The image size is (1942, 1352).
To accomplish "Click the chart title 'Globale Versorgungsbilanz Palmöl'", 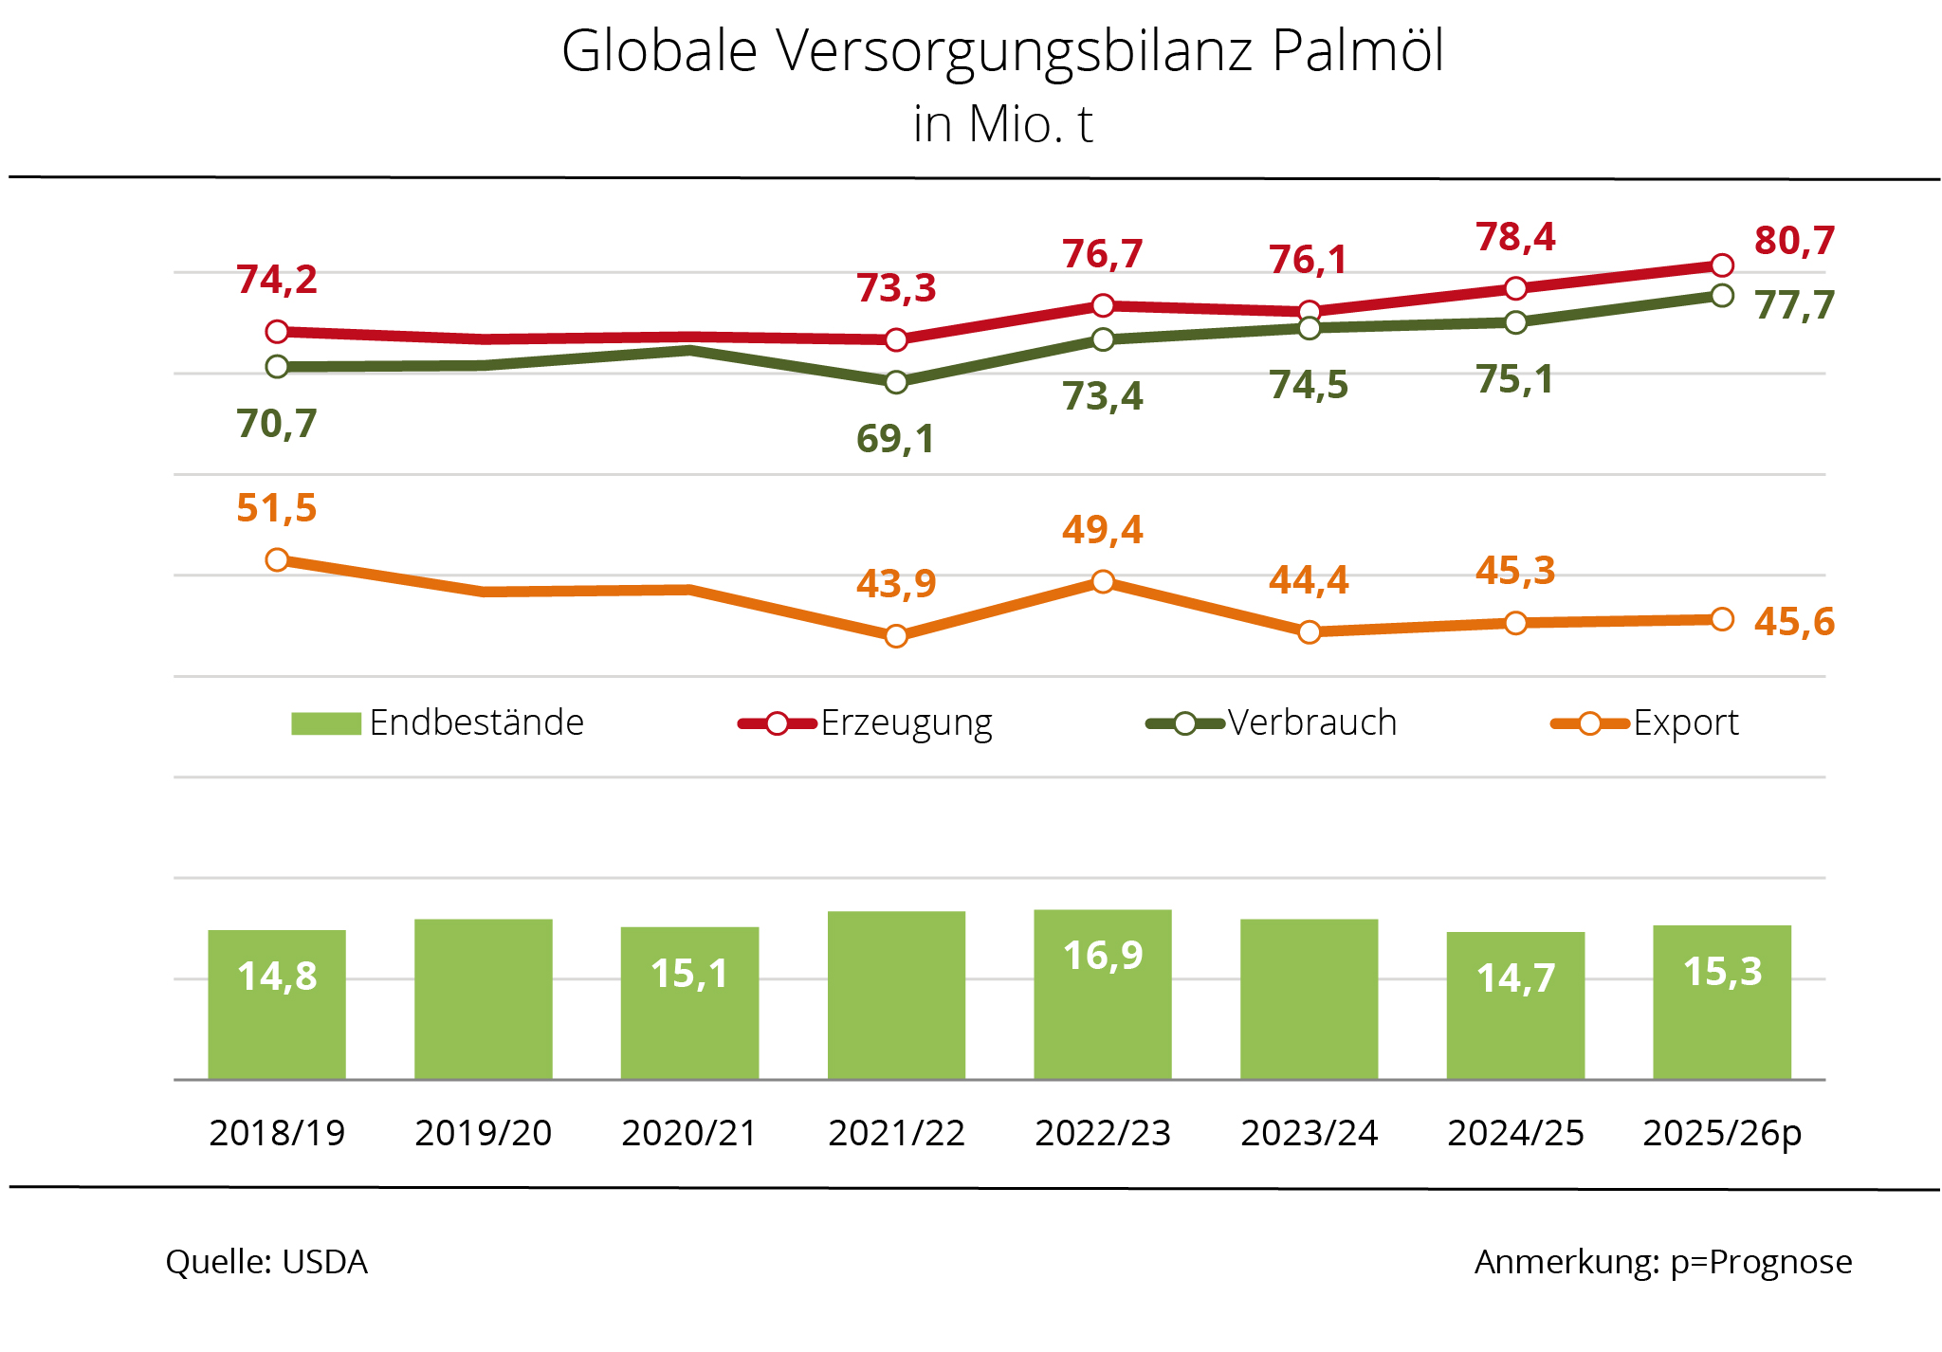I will [1002, 51].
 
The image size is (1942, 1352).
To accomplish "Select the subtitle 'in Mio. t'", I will [1002, 124].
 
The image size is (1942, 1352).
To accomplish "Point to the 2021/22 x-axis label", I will [896, 1133].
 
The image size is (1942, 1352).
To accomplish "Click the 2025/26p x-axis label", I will [1721, 1133].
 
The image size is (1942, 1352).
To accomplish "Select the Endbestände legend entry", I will [438, 723].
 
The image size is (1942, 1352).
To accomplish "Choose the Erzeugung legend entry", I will [866, 723].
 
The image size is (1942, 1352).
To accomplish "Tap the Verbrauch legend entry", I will [1272, 723].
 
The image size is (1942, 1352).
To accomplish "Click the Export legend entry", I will [1645, 723].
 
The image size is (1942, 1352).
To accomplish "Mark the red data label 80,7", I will [1794, 241].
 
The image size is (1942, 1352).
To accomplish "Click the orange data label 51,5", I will [276, 508].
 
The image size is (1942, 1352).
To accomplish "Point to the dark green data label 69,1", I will [895, 439].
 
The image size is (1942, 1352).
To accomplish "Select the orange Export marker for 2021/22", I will [896, 635].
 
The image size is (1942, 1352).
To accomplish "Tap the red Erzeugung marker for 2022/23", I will [1103, 305].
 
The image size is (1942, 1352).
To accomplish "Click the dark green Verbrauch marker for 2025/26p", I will [1722, 296].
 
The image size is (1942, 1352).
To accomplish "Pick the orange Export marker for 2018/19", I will [277, 559].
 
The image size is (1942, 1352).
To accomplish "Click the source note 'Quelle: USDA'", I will [266, 1262].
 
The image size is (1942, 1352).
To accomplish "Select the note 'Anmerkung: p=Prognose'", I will [1662, 1262].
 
